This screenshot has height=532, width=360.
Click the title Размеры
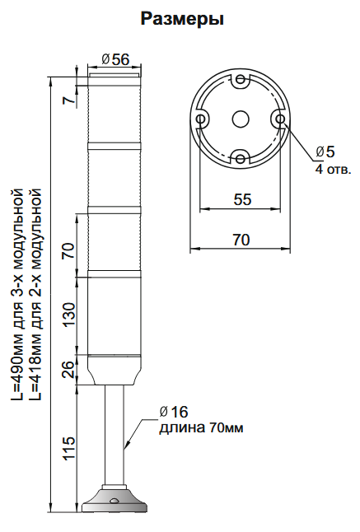point(182,18)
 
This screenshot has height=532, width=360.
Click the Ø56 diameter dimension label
point(115,59)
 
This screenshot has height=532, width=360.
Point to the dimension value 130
point(68,313)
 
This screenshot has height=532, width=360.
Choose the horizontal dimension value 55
point(241,199)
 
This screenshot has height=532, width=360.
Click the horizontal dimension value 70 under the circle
point(240,240)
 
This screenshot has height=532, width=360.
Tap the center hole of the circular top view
point(240,119)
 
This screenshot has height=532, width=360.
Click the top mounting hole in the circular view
point(240,82)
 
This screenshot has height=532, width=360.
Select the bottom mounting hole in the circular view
point(240,156)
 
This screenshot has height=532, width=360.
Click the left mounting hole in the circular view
point(201,119)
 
